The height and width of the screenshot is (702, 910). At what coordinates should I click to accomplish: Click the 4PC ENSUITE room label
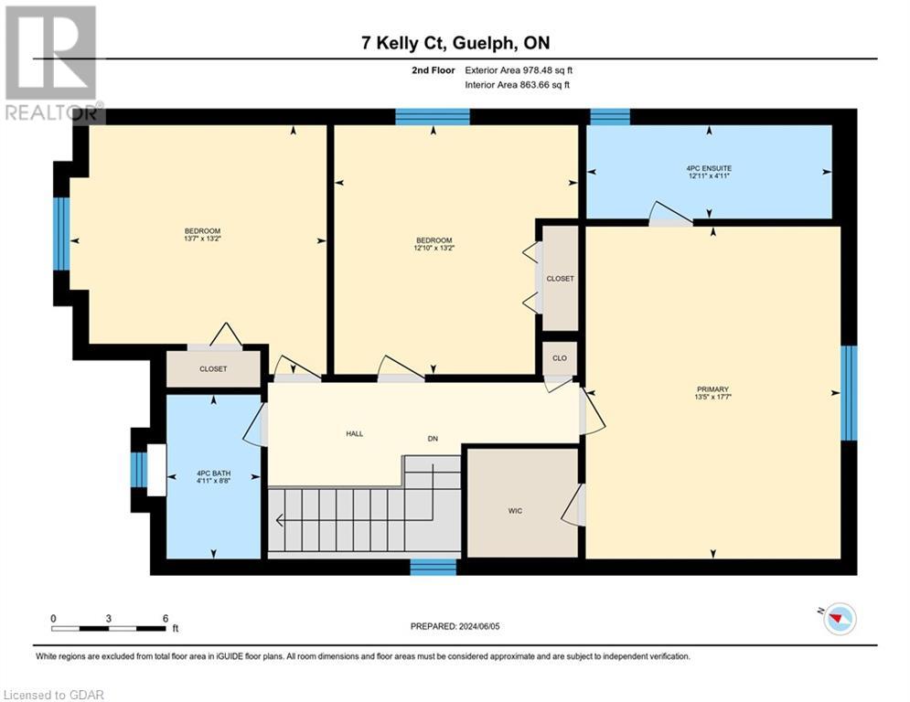709,168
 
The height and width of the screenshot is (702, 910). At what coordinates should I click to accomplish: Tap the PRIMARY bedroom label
712,388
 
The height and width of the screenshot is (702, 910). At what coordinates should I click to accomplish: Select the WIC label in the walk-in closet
515,511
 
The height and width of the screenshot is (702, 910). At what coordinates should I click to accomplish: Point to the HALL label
354,433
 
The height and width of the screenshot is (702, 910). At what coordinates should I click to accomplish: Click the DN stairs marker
433,439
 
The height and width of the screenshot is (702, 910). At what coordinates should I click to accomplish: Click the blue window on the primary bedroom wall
848,392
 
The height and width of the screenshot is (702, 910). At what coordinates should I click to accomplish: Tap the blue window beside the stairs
433,568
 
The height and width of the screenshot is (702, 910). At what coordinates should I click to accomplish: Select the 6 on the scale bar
165,619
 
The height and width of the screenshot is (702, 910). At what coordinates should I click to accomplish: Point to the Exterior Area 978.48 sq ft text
519,69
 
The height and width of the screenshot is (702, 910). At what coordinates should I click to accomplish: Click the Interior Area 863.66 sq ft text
519,85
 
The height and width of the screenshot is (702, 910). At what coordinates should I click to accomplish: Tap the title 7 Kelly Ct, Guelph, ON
455,42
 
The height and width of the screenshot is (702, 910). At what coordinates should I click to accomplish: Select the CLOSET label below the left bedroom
212,369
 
